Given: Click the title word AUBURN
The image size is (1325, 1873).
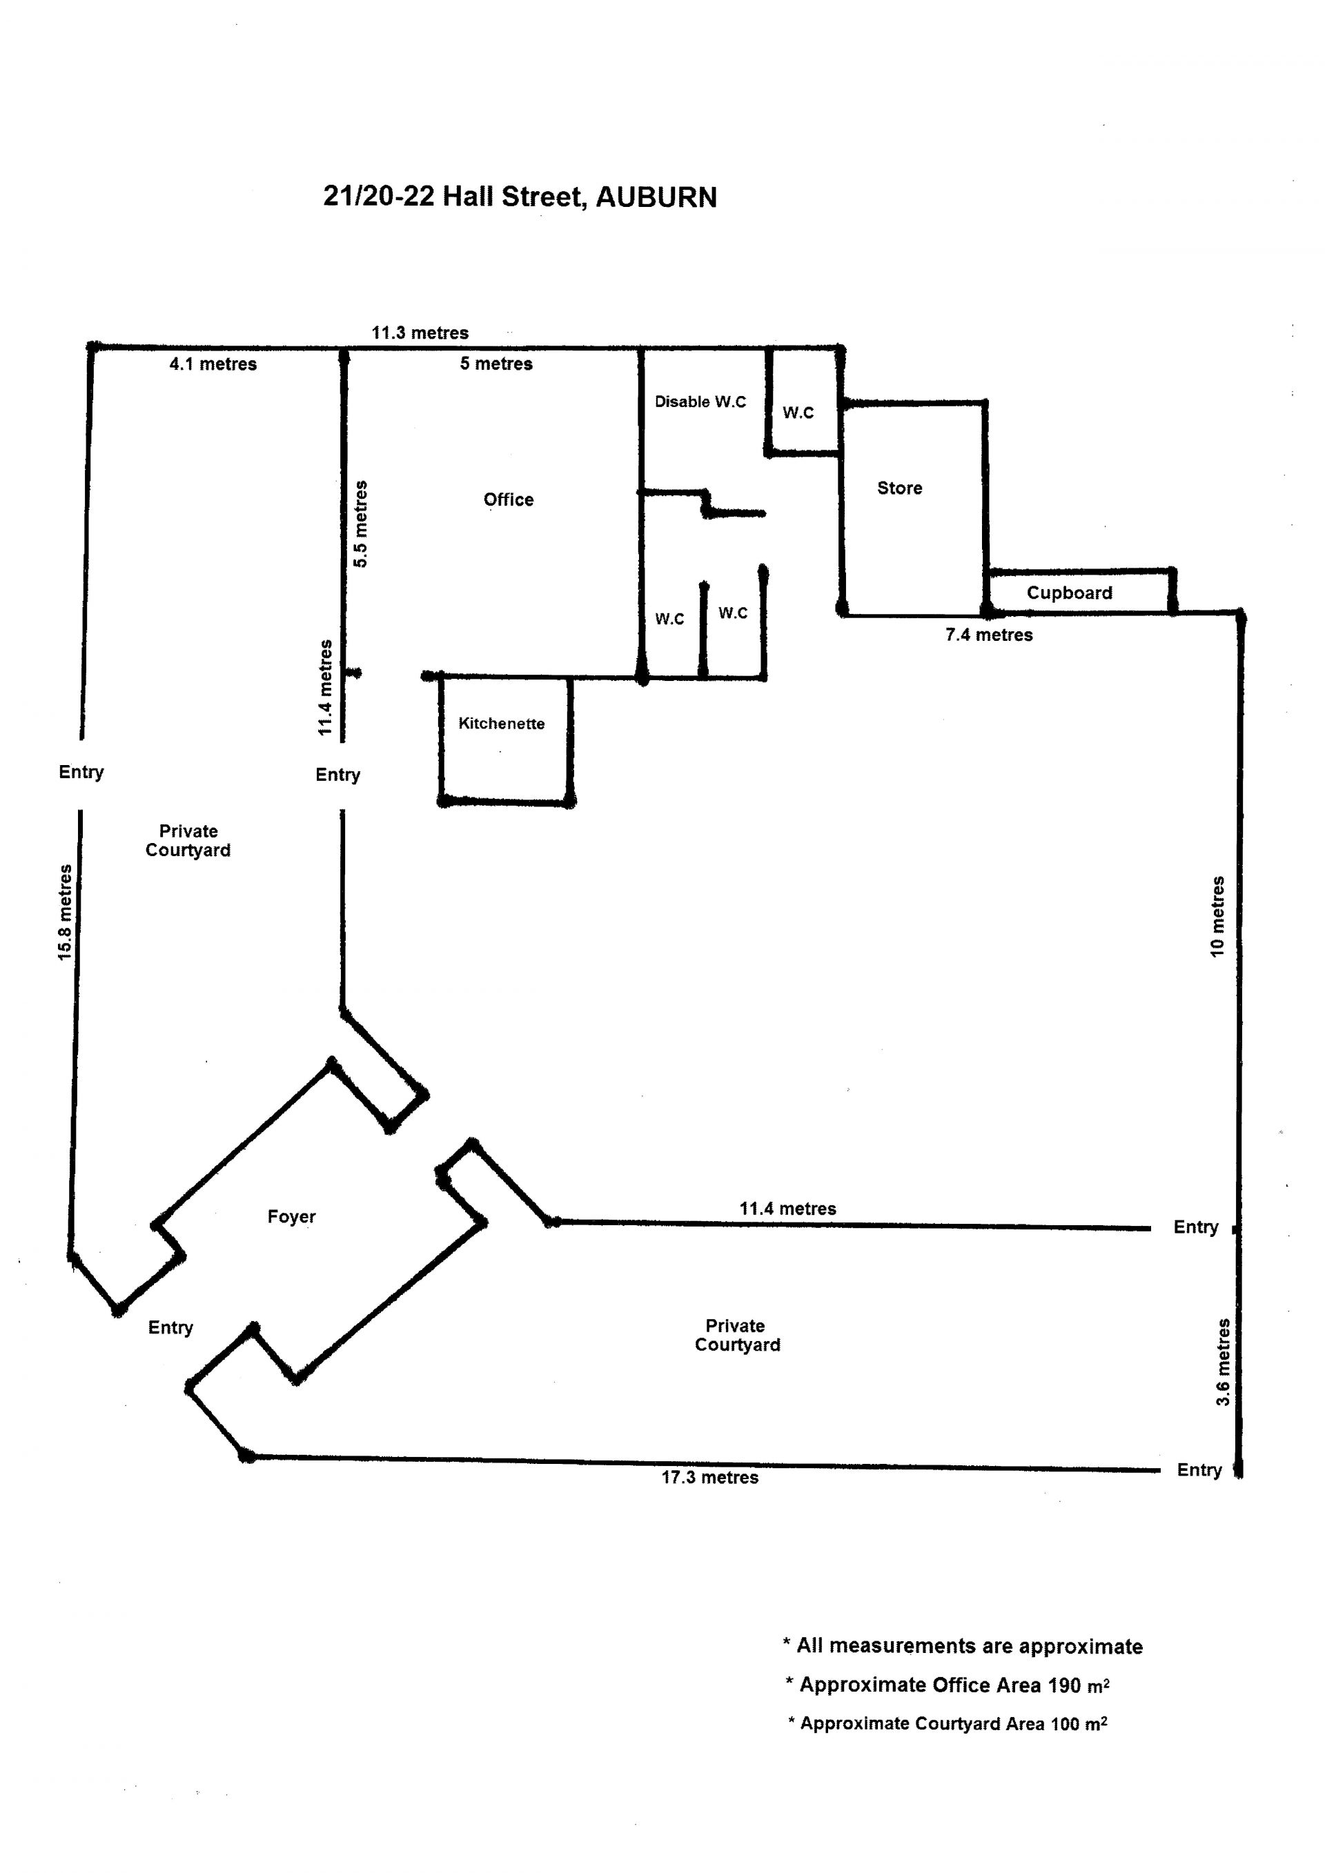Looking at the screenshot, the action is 656,197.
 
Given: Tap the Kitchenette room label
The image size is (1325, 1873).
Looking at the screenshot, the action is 501,724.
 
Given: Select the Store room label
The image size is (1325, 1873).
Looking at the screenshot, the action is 899,488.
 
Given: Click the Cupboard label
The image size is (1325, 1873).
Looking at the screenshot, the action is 1069,593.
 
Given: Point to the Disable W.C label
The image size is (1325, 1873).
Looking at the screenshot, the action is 700,402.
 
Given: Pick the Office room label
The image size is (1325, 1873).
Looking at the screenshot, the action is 509,500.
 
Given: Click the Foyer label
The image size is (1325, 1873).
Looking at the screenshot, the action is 291,1217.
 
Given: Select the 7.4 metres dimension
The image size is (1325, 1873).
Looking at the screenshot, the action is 989,635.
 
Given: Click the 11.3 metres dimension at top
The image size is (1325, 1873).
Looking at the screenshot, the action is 420,333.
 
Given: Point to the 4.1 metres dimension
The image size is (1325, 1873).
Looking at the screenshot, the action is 213,364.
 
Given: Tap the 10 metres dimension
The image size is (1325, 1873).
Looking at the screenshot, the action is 1217,917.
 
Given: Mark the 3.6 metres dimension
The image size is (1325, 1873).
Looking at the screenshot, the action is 1222,1362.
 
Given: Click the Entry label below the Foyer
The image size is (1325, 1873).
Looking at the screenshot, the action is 170,1328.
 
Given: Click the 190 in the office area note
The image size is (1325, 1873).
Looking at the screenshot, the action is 1064,1685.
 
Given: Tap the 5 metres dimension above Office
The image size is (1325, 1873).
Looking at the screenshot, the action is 496,364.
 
